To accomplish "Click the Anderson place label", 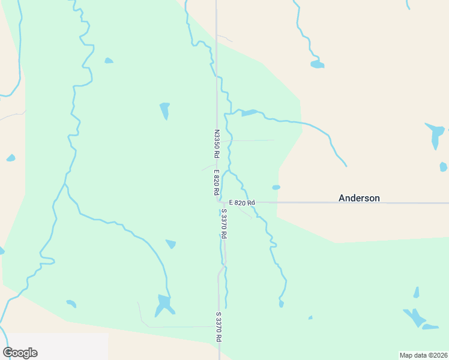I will point(359,198).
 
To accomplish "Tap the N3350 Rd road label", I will point(217,144).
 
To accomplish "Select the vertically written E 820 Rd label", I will point(215,183).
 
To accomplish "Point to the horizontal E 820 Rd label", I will point(242,203).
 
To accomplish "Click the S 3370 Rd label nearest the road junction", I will point(223,224).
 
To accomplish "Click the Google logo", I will point(20,353).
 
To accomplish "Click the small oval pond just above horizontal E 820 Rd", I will point(276,187).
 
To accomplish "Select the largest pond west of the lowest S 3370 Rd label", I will point(163,304).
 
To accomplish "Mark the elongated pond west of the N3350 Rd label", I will point(164,110).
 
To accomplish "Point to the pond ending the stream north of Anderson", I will point(317,64).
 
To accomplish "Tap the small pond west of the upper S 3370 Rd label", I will point(171,244).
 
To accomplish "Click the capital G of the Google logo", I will point(7,353).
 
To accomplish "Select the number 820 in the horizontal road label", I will point(241,203).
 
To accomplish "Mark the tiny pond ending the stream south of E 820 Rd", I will point(281,304).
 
